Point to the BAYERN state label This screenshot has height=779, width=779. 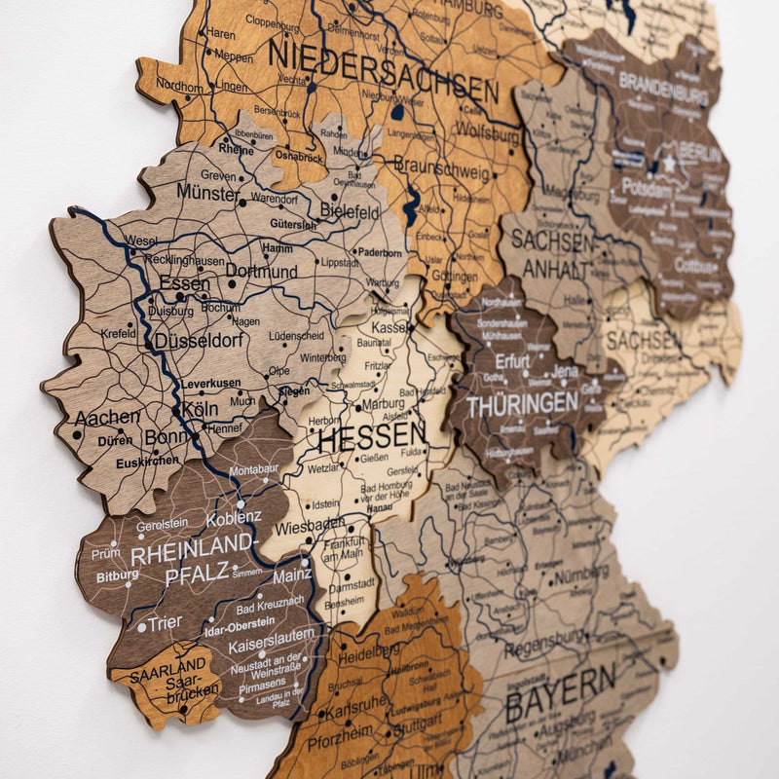coord(561,692)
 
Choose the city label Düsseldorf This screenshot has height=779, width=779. coord(198,342)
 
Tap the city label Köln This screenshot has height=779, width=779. coord(200,409)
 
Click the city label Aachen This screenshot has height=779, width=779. coord(107,418)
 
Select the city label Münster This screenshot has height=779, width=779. coord(207,192)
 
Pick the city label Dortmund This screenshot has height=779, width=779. coord(261,273)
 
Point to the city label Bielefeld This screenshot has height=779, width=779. coord(349,211)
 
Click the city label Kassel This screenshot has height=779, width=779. coord(389,329)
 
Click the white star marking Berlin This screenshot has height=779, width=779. coord(669,166)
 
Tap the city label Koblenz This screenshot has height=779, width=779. coord(234,517)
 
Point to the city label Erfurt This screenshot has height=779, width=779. coord(511,361)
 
